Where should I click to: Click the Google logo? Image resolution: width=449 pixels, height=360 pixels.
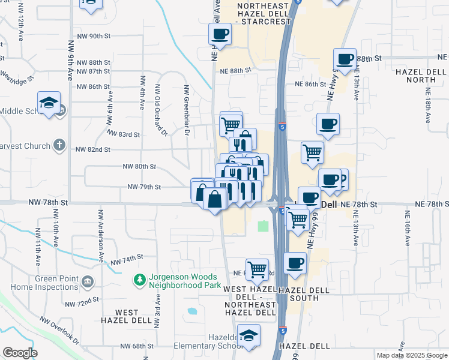pyautogui.click(x=20, y=353)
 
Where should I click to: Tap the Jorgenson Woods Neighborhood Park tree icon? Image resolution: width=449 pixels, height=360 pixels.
pyautogui.click(x=139, y=280)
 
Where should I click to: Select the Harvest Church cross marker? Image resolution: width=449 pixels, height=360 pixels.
pyautogui.click(x=59, y=145)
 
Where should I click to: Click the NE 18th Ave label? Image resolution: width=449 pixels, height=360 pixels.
pyautogui.click(x=428, y=106)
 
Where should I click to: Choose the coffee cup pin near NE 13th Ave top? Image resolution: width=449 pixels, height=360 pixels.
pyautogui.click(x=345, y=59)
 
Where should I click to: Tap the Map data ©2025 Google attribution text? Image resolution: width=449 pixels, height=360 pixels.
pyautogui.click(x=411, y=355)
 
